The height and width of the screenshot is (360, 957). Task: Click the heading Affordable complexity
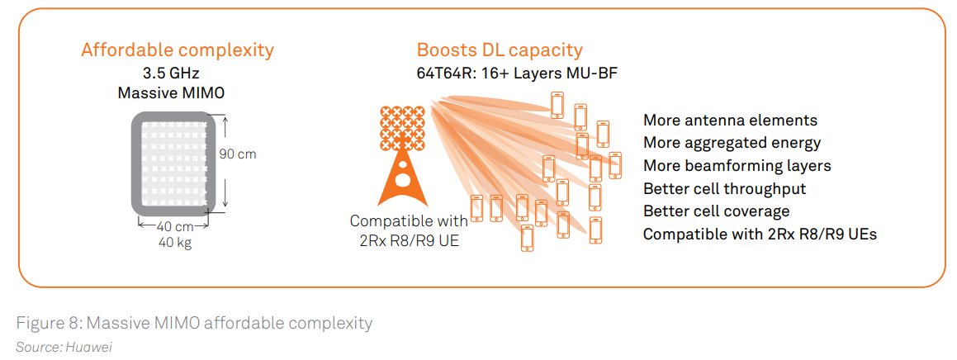click(178, 50)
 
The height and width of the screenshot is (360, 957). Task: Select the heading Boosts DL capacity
click(500, 50)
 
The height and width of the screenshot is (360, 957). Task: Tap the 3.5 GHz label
click(172, 73)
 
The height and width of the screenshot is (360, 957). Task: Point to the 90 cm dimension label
click(238, 154)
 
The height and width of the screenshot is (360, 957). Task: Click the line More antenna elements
click(730, 121)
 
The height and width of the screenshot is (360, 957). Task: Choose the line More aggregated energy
click(732, 143)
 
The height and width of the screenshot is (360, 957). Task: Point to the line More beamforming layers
click(737, 166)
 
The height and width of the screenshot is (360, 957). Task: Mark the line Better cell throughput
click(724, 188)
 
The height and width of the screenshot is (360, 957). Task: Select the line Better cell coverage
click(716, 211)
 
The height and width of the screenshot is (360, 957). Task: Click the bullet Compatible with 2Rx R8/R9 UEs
click(760, 234)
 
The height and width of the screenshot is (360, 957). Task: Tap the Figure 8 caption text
click(194, 322)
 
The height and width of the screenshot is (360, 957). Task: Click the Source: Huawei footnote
click(64, 347)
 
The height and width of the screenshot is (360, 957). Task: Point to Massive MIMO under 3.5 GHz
click(172, 92)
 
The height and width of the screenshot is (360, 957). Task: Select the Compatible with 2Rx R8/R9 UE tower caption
click(409, 230)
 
